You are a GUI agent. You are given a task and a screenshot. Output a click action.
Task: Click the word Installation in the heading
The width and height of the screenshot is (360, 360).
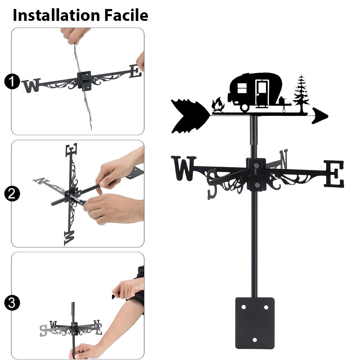pyautogui.click(x=57, y=15)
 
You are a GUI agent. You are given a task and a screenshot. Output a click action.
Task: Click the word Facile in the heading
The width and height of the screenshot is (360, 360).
pyautogui.click(x=126, y=15)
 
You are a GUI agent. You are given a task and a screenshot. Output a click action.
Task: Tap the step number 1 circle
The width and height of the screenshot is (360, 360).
pyautogui.click(x=12, y=81)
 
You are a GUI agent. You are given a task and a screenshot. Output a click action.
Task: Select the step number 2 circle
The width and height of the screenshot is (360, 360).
pyautogui.click(x=12, y=194)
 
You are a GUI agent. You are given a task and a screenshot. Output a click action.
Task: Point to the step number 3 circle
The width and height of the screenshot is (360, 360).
pyautogui.click(x=12, y=303)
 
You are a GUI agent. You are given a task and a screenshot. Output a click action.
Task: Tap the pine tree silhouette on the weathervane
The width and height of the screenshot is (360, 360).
pyautogui.click(x=301, y=94)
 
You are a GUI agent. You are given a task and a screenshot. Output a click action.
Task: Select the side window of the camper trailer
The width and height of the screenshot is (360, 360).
pyautogui.click(x=242, y=88)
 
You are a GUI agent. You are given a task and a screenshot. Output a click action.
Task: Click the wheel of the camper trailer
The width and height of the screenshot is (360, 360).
pyautogui.click(x=244, y=107)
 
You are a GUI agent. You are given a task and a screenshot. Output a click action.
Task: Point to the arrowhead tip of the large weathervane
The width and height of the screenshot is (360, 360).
pyautogui.click(x=328, y=116)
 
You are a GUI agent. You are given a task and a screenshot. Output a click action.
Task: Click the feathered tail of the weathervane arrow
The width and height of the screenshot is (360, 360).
pyautogui.click(x=190, y=116)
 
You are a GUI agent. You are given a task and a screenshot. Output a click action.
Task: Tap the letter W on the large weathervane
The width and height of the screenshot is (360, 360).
pyautogui.click(x=184, y=168)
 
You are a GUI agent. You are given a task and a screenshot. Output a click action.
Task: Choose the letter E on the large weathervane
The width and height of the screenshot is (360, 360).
pyautogui.click(x=334, y=174)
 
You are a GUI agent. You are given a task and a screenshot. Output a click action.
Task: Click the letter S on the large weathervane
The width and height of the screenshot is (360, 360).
pyautogui.click(x=212, y=184)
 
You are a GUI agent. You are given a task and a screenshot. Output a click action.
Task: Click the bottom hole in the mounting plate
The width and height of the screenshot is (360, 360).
pyautogui.click(x=255, y=340)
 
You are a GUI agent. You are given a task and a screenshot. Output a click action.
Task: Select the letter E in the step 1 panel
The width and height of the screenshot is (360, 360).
pyautogui.click(x=135, y=71)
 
